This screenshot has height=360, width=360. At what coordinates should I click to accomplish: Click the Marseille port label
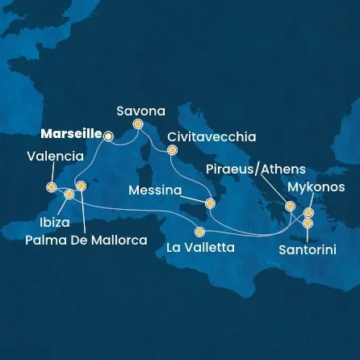point(70,133)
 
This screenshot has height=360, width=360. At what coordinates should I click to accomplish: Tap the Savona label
point(141,111)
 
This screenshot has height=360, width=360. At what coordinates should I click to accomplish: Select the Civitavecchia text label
point(212,136)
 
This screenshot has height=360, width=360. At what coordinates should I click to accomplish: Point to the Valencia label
point(55,156)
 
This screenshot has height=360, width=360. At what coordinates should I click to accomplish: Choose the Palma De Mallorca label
point(86,240)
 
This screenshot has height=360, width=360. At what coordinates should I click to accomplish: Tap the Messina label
point(153,191)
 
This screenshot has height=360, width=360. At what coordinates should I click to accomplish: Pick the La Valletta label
point(200,248)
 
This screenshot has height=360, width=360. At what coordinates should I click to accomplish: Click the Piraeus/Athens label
point(256,169)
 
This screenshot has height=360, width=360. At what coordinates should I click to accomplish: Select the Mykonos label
point(316,186)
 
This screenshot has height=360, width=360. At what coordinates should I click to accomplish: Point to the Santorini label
point(308,250)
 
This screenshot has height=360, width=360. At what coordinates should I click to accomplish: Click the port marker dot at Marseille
point(108,136)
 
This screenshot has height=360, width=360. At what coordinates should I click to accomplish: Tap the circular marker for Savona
point(138,124)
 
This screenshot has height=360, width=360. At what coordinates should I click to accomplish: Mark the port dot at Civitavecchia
point(171,150)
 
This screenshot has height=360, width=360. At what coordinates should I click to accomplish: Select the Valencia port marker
point(51,187)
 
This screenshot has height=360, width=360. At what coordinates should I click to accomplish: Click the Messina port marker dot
point(210,203)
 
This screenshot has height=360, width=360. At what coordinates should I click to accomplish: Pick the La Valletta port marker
point(199,232)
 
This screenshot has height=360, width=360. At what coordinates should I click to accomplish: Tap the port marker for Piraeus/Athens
point(289,207)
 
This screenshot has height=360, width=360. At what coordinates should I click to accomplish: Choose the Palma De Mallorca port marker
point(80,186)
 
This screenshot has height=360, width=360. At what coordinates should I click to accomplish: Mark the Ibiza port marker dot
point(69,195)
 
